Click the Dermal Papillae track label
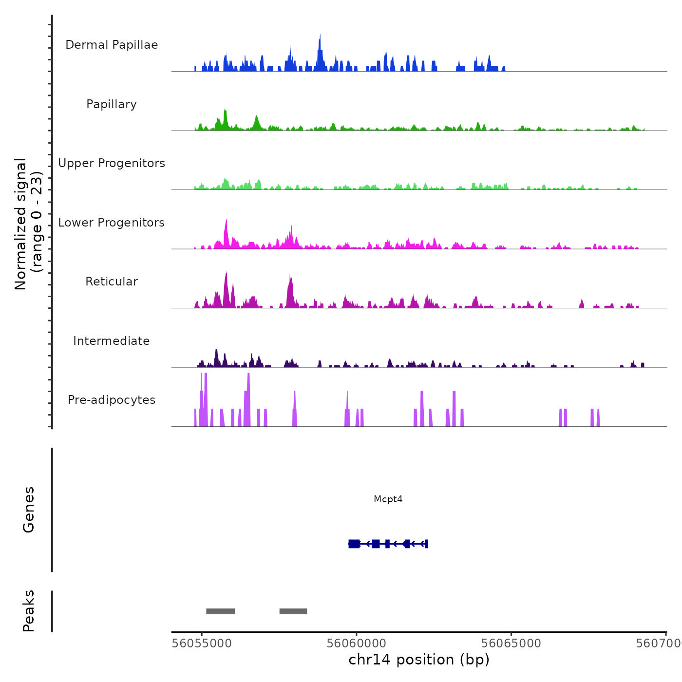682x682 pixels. (112, 45)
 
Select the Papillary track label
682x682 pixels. (112, 104)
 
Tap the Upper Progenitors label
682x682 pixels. (112, 163)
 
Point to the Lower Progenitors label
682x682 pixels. (112, 223)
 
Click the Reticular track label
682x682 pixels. (112, 282)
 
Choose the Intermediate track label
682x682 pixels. (112, 341)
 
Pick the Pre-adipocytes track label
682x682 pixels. (112, 400)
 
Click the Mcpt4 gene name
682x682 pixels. (388, 499)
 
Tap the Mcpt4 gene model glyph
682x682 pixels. (388, 544)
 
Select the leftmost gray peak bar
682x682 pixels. (221, 611)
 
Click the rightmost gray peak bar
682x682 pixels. (293, 611)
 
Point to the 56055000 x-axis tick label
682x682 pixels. (202, 644)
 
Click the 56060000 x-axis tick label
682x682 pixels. (357, 644)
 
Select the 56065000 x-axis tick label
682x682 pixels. (511, 644)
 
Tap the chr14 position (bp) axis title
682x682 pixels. (419, 660)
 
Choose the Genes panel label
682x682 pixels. (29, 510)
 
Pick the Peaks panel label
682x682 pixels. (29, 611)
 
